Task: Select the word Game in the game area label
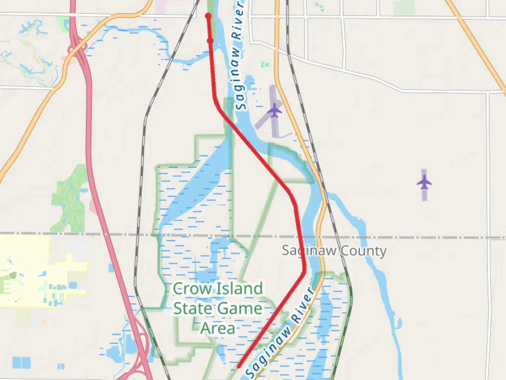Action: click(x=240, y=309)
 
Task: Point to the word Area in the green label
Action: click(x=218, y=329)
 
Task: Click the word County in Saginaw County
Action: click(x=363, y=251)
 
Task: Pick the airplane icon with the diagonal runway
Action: click(x=274, y=111)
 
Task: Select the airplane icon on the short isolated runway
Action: click(x=424, y=183)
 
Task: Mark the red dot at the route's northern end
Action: click(x=208, y=16)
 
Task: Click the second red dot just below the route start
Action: click(x=210, y=41)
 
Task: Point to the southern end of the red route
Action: click(x=239, y=366)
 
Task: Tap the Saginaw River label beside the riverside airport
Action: click(x=239, y=56)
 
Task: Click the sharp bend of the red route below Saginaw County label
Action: click(x=304, y=271)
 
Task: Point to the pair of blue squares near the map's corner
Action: click(x=21, y=362)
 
